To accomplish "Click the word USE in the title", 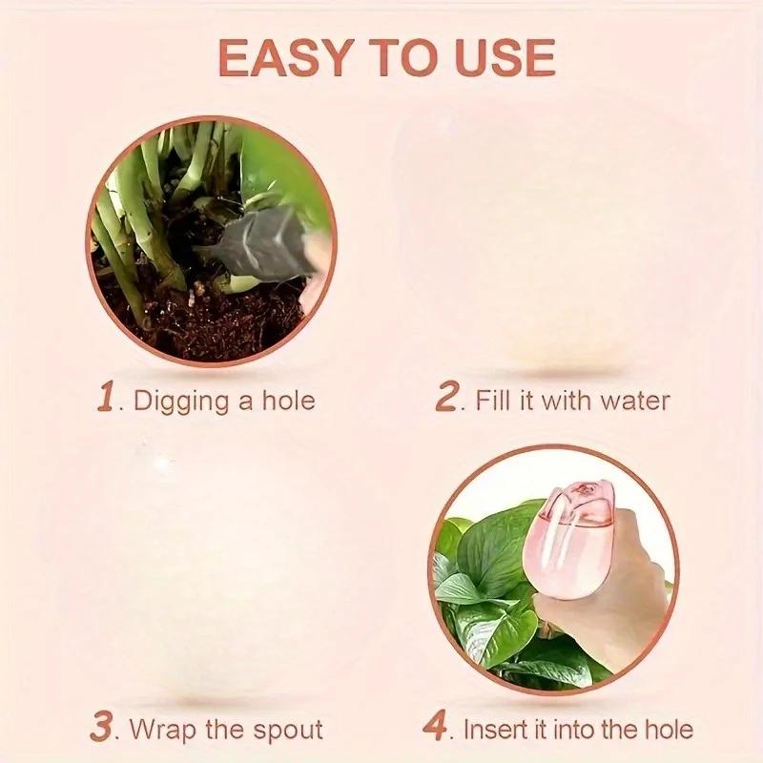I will pos(503,58).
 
